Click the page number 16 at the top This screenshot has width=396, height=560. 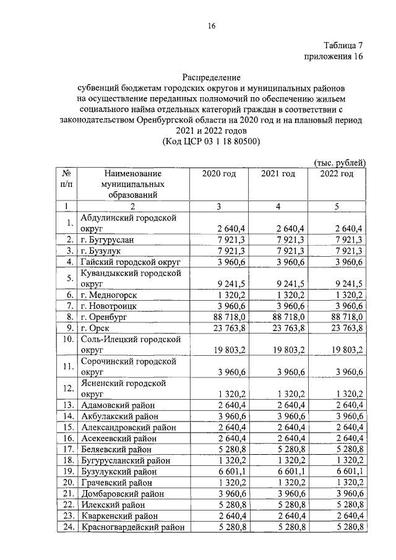pyautogui.click(x=212, y=25)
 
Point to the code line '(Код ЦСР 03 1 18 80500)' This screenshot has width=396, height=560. pyautogui.click(x=211, y=142)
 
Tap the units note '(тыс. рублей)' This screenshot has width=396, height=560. pyautogui.click(x=340, y=162)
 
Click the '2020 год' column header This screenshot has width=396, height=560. pyautogui.click(x=219, y=174)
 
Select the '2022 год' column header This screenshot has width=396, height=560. pyautogui.click(x=337, y=174)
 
